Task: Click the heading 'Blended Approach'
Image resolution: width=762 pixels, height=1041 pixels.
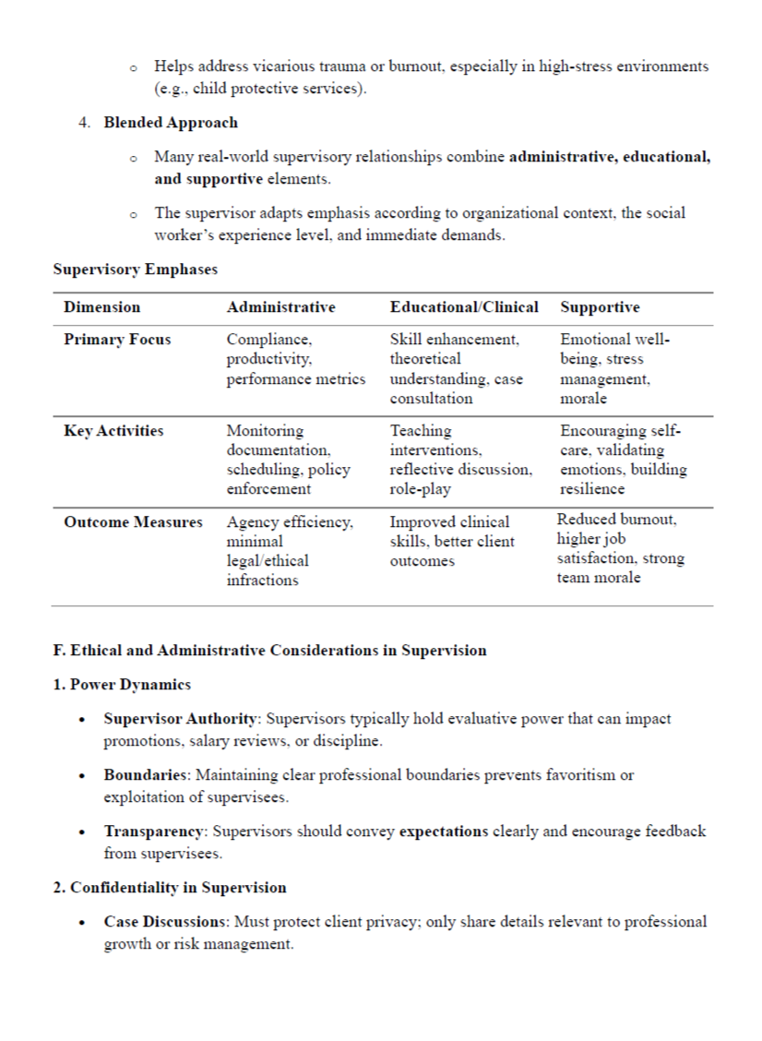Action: (170, 123)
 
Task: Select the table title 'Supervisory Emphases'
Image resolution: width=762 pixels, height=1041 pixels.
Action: (136, 269)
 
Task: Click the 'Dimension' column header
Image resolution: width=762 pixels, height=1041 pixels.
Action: (102, 307)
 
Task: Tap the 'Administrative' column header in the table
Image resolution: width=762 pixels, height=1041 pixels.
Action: (280, 307)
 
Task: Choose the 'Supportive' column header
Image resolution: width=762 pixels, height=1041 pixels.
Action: (600, 307)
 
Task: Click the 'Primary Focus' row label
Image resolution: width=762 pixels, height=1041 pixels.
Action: (117, 340)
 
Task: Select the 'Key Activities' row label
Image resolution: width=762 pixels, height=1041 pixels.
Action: (113, 431)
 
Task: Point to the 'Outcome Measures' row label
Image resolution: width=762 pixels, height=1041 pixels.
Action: (133, 522)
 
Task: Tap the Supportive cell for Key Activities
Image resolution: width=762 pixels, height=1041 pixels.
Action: (623, 460)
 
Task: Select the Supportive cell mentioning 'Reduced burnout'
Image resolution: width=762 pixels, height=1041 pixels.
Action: (620, 548)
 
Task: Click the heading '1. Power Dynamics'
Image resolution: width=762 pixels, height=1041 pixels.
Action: (122, 684)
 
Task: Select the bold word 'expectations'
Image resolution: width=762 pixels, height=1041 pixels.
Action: (444, 832)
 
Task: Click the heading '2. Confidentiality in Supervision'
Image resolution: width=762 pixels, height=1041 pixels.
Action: (170, 888)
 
